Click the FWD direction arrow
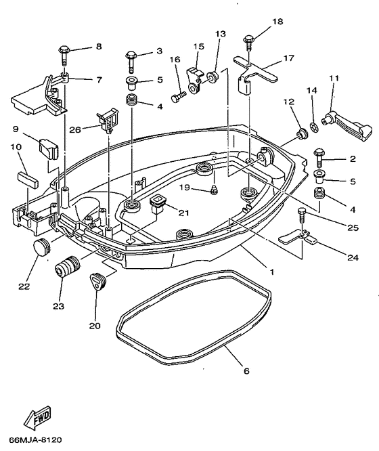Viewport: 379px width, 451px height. [37, 416]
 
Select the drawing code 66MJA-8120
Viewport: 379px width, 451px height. [36, 439]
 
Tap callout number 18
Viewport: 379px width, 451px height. [277, 22]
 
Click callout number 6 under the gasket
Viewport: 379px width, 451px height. [246, 371]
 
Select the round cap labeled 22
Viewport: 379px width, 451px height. [41, 246]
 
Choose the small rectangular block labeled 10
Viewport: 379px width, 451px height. [28, 179]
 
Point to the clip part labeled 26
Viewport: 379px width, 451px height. [108, 121]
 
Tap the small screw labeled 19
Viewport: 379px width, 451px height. [214, 190]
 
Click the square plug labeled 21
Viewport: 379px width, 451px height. [157, 205]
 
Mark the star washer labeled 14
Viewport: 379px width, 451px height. [313, 127]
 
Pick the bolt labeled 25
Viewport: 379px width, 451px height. [301, 215]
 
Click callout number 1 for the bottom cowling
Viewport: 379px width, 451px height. [271, 272]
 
